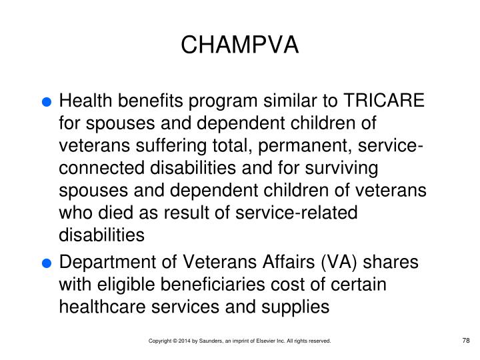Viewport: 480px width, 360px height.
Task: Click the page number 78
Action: click(x=466, y=341)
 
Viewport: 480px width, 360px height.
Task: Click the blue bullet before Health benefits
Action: click(x=46, y=103)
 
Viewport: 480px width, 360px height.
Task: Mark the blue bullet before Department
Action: click(x=46, y=263)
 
